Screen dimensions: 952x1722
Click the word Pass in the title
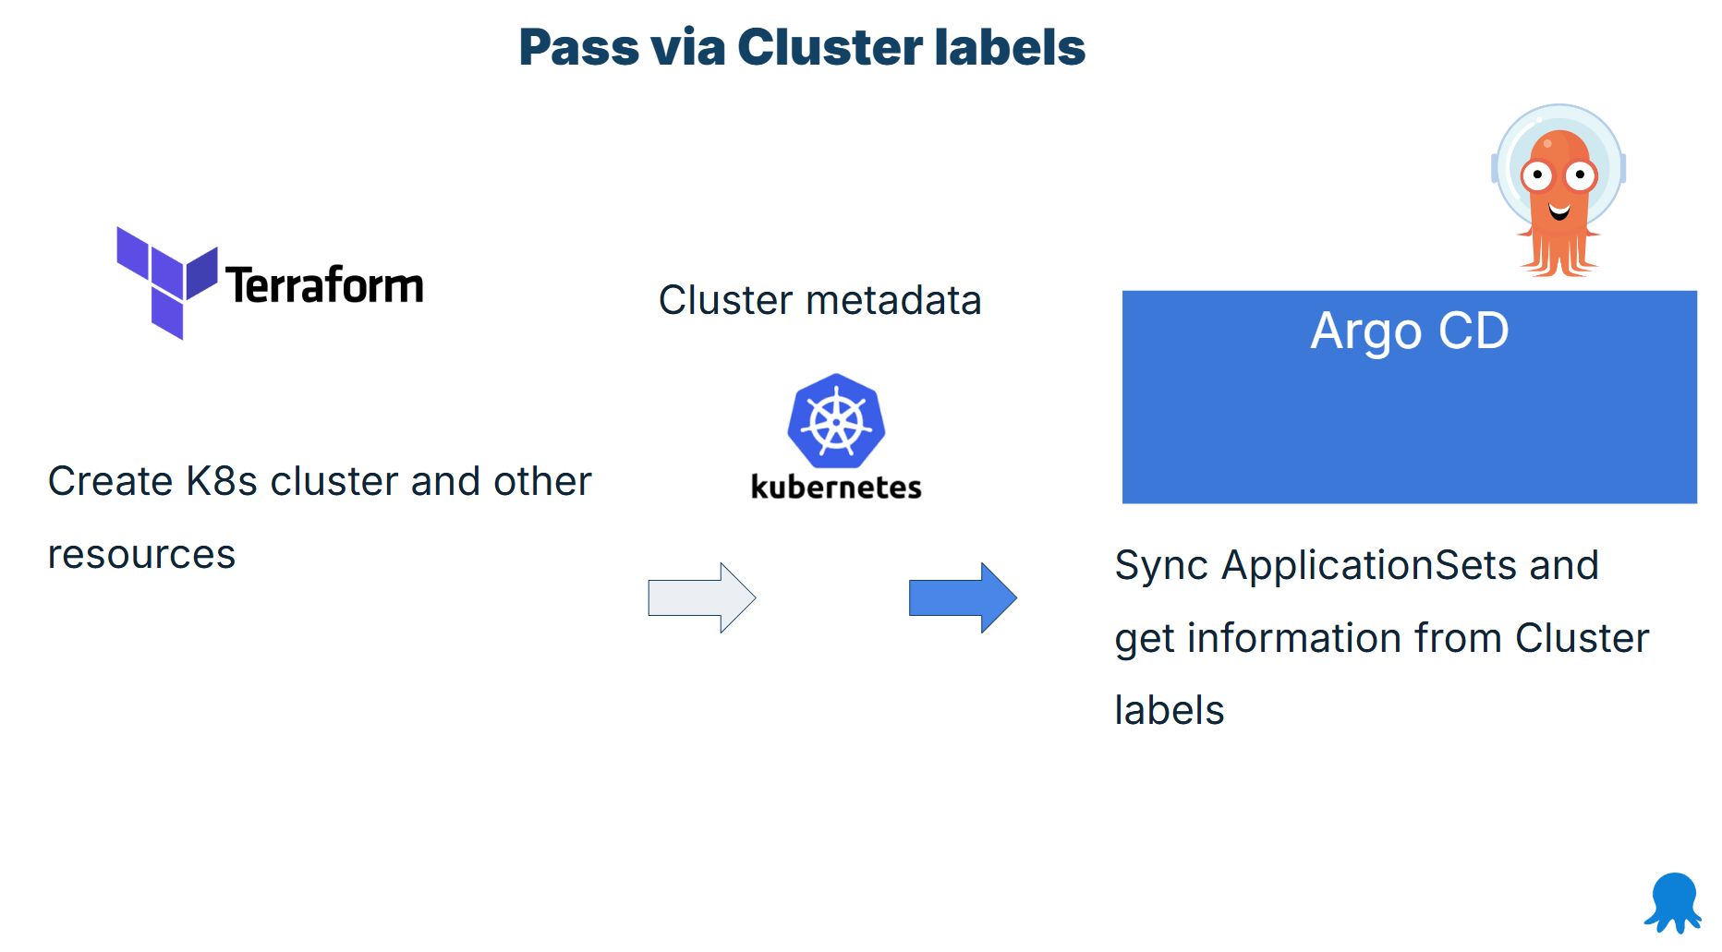click(x=578, y=47)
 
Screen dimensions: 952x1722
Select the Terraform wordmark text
click(x=324, y=285)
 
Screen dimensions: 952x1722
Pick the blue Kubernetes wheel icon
click(x=836, y=422)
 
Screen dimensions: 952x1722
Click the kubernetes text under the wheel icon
click(x=836, y=487)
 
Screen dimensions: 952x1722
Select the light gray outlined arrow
click(x=701, y=597)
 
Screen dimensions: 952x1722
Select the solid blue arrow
click(x=962, y=597)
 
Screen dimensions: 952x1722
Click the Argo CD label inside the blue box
click(x=1409, y=331)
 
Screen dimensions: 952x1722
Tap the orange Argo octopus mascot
click(x=1559, y=194)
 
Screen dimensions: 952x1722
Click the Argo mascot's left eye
click(x=1537, y=175)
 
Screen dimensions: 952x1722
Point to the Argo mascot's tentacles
click(x=1559, y=253)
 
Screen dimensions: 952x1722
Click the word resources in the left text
click(x=141, y=555)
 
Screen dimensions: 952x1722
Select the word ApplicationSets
click(x=1368, y=565)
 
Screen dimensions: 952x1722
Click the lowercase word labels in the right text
click(x=1169, y=711)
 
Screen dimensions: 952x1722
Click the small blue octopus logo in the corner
click(x=1673, y=902)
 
